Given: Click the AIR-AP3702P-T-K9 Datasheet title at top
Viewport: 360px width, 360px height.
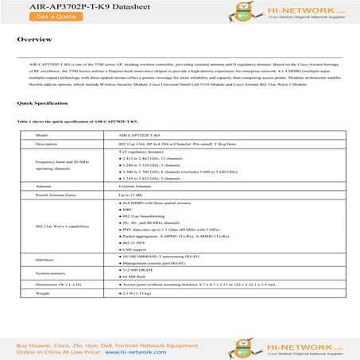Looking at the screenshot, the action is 64,5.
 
